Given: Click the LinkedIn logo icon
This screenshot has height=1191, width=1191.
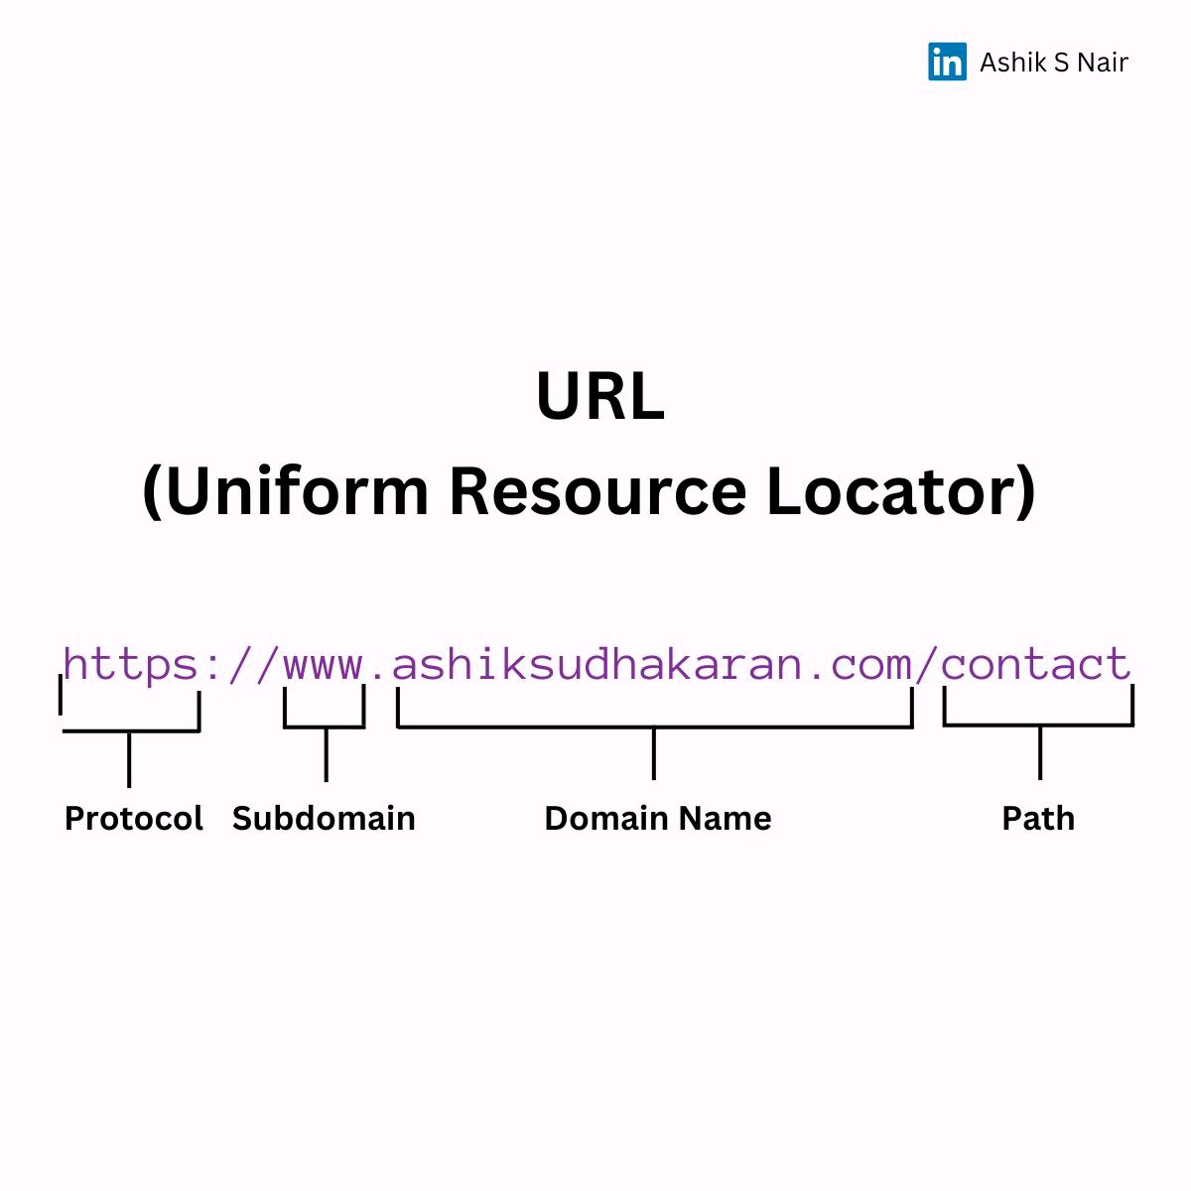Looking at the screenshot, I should (947, 62).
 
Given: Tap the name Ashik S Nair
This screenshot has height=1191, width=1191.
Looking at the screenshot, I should (1053, 63).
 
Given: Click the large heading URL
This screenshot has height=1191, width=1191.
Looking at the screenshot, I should (599, 397).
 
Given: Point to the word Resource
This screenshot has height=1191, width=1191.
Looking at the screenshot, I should (596, 491).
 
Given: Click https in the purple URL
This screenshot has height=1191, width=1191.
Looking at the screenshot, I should (131, 664).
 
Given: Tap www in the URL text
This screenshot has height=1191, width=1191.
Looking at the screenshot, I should (324, 664).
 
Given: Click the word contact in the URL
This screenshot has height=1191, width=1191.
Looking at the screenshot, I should (1036, 664).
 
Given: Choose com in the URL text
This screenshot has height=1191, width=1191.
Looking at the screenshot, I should (870, 664).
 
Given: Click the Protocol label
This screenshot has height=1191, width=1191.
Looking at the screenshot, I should (133, 819).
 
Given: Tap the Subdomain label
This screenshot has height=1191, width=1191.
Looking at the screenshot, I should (324, 819).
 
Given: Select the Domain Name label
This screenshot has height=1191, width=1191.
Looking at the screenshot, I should (657, 819).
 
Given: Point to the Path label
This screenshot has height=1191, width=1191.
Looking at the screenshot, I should (1038, 819).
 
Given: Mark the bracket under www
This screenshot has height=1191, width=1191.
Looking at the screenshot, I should (325, 727).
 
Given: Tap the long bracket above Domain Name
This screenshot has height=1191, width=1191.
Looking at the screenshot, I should (654, 727).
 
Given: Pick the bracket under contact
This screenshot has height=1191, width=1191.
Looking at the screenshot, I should (1038, 725).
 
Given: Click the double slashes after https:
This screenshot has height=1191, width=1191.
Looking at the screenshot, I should (253, 664).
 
